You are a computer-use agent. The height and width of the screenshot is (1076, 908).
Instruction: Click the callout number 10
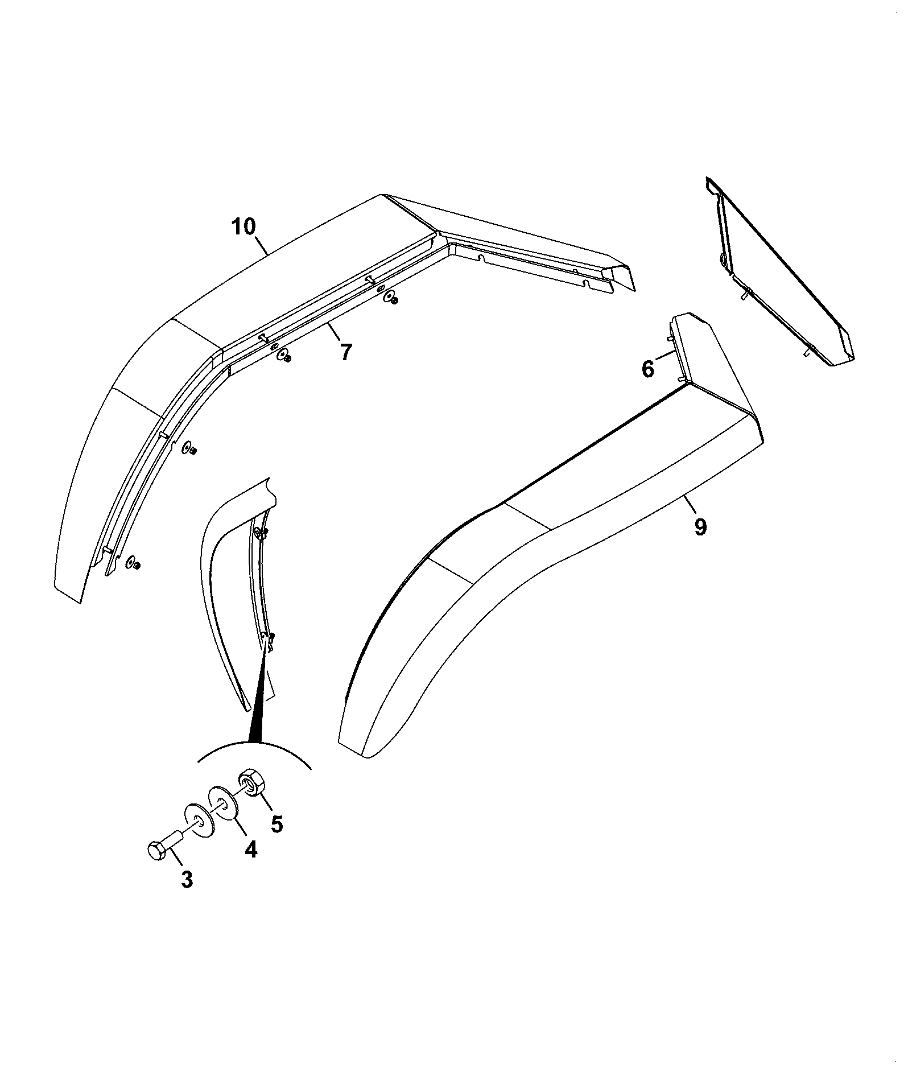tap(243, 228)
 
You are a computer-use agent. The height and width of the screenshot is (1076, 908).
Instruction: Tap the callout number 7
tap(346, 352)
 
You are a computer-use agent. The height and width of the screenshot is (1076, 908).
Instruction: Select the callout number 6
tap(648, 369)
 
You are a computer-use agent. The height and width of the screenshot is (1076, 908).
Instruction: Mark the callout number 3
tap(187, 896)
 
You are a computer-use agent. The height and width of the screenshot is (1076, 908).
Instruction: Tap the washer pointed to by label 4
tap(223, 803)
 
